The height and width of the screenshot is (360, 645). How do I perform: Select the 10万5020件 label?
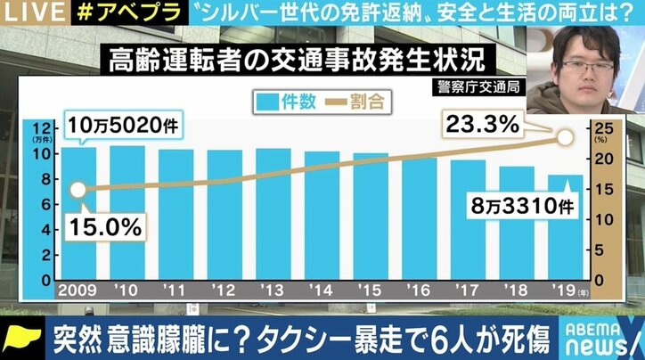pyautogui.click(x=121, y=127)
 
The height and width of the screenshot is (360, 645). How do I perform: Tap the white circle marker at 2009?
pyautogui.click(x=78, y=190)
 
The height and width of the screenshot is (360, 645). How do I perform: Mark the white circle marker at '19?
pyautogui.click(x=564, y=137)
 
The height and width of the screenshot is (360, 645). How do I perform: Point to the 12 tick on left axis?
pyautogui.click(x=43, y=127)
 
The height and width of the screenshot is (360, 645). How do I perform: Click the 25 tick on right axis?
pyautogui.click(x=603, y=127)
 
